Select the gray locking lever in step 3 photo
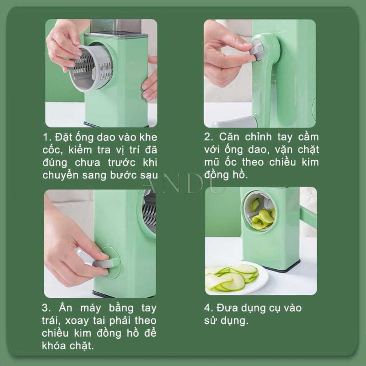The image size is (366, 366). [102, 264]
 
